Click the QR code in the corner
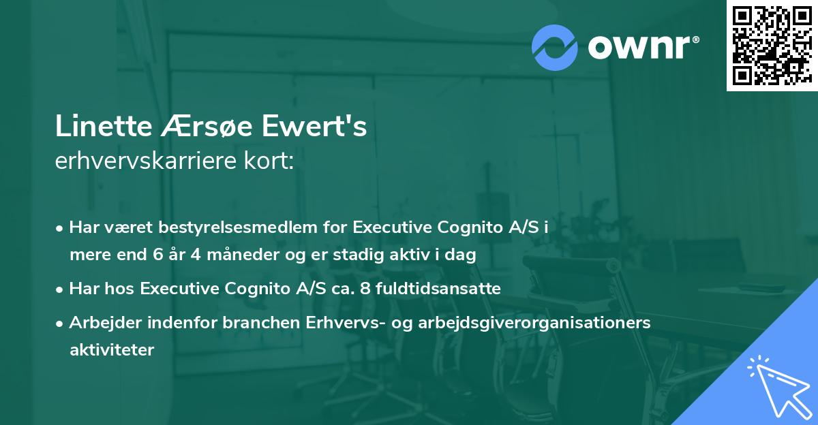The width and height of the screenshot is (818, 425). (x=772, y=46)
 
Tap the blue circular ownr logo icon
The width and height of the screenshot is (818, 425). (x=555, y=47)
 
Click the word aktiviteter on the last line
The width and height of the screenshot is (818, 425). (x=112, y=350)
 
